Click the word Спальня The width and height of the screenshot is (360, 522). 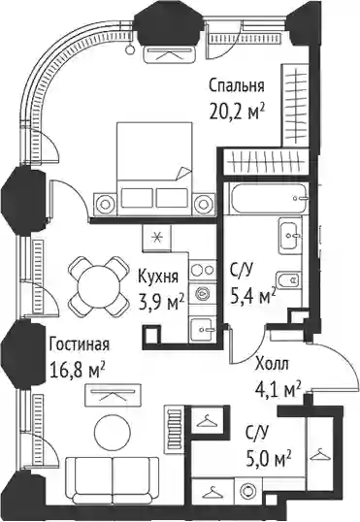237,86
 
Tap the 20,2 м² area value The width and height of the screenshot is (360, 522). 237,112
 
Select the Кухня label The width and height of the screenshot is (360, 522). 158,277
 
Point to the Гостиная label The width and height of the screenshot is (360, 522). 79,344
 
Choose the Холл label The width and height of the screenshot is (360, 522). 272,365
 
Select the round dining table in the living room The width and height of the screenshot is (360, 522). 99,286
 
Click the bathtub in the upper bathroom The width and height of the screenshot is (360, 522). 267,198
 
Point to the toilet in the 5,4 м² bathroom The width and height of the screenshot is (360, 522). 289,281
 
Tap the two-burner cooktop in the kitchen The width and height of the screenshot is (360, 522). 203,270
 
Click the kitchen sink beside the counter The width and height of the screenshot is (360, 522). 203,330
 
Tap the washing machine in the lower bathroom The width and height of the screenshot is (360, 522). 248,491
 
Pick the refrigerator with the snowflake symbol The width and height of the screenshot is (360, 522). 156,238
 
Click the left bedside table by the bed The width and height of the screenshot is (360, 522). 105,204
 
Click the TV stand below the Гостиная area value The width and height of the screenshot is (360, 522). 113,395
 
